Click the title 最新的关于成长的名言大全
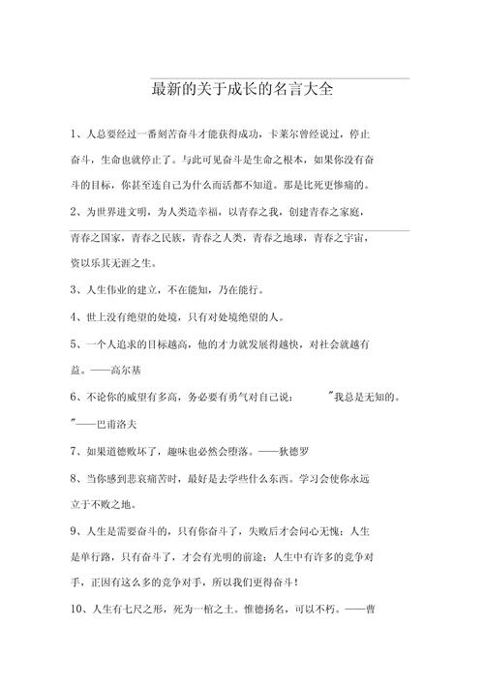click(243, 90)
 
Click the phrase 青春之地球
click(281, 236)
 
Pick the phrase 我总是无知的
click(369, 397)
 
